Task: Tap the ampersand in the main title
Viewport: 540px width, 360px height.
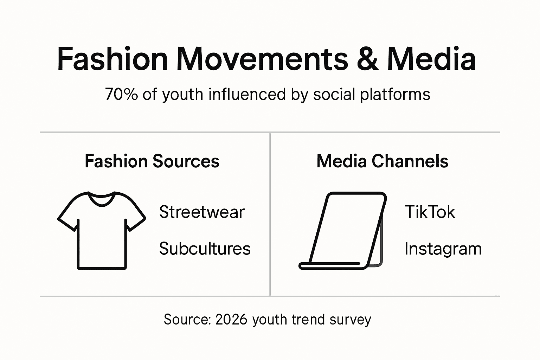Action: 367,59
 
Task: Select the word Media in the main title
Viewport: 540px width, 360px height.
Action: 431,59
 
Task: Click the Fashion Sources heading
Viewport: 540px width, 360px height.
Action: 152,161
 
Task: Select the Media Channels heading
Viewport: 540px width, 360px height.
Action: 382,161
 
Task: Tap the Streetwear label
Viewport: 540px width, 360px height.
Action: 201,212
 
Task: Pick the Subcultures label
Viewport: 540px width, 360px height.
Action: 205,249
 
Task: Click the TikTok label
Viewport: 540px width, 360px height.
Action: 430,212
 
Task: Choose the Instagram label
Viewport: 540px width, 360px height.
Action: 443,249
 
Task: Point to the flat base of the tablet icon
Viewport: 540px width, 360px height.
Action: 330,266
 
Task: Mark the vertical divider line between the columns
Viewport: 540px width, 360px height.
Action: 270,214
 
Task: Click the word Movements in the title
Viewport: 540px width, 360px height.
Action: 262,59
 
